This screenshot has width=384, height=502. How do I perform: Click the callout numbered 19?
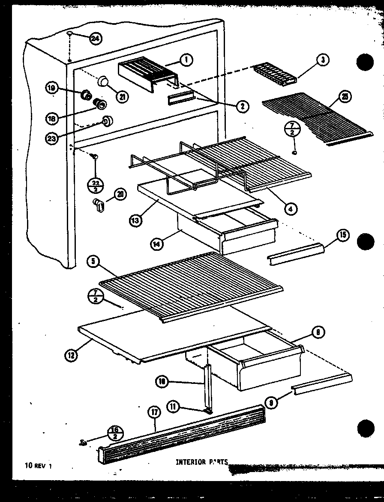coord(51,89)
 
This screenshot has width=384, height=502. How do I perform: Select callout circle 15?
coord(343,235)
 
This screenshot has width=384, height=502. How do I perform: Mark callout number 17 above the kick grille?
coord(154,413)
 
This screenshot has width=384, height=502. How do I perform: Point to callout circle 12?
coord(71,354)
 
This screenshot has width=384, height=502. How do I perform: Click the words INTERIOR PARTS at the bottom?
coord(201,462)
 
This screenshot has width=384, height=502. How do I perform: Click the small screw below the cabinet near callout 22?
coord(95,158)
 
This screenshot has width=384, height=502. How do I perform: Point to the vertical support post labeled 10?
coord(208,385)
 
